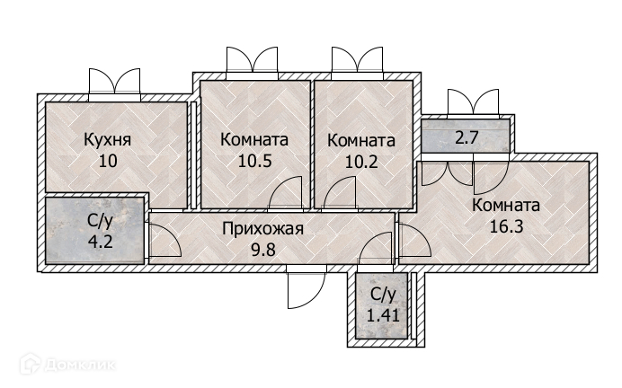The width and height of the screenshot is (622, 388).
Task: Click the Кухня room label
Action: pos(107,140)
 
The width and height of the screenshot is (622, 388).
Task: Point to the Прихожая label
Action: pos(262,228)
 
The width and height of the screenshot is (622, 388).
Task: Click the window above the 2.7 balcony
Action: pos(473,102)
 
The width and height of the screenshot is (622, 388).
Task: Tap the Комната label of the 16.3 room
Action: pos(505,204)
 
